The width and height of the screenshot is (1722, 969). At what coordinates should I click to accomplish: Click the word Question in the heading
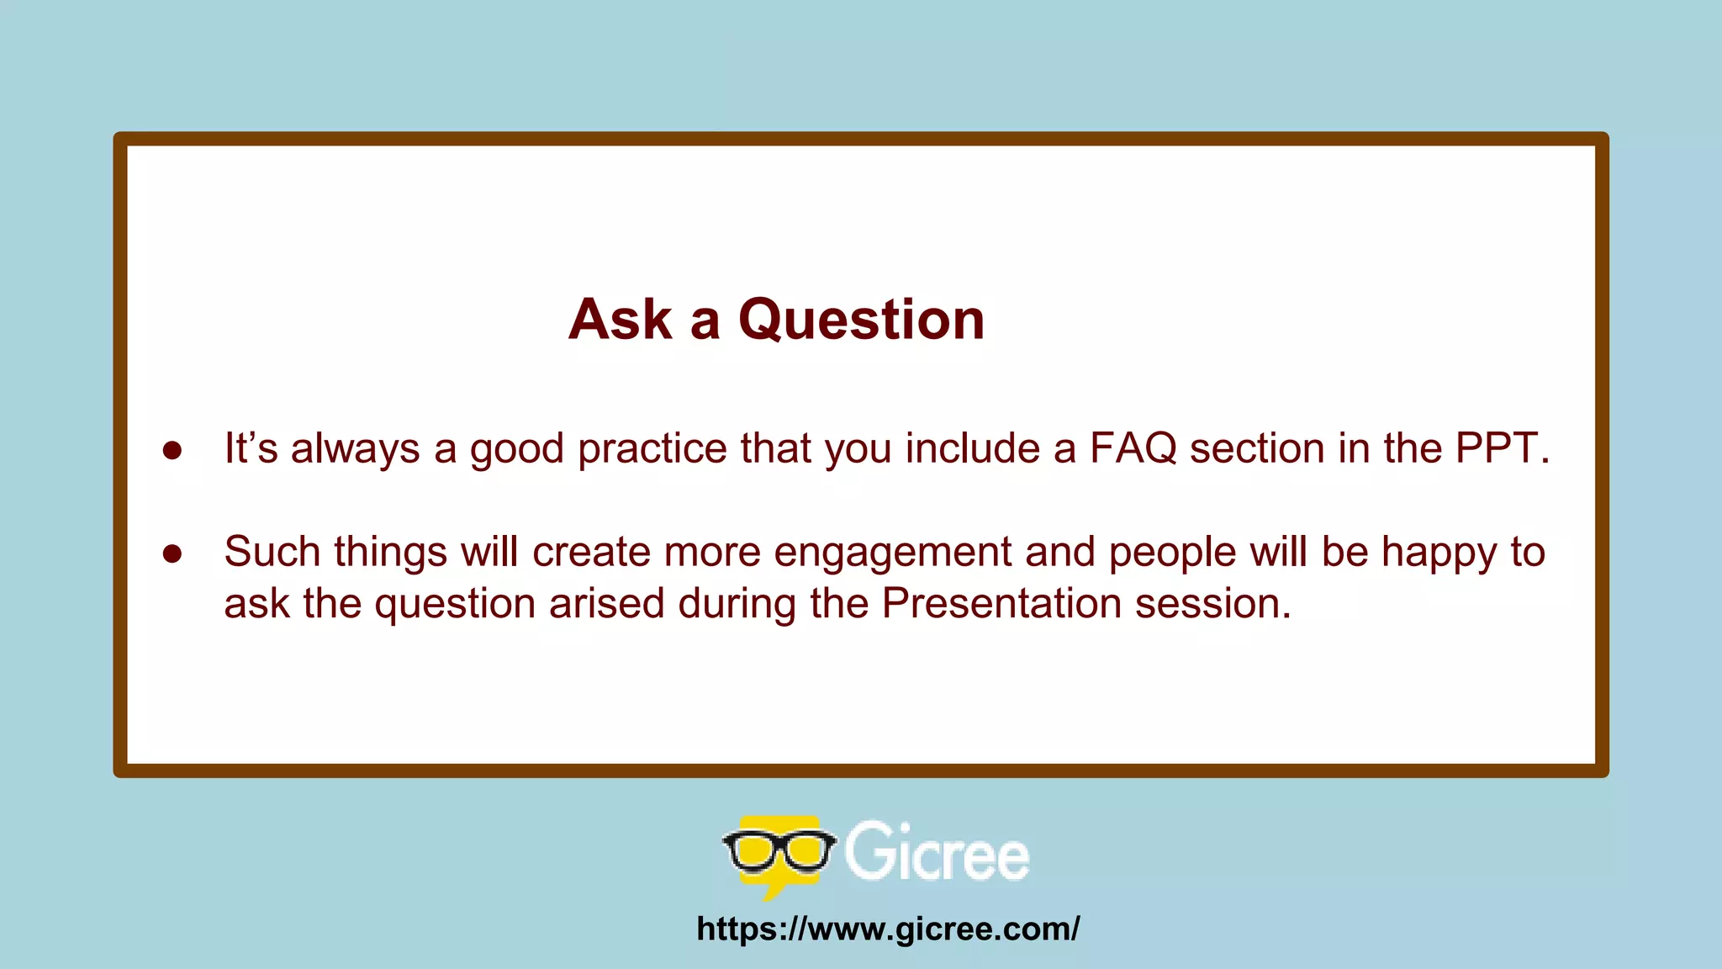pyautogui.click(x=861, y=320)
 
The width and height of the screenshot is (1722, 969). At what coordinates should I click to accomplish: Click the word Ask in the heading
pyautogui.click(x=621, y=320)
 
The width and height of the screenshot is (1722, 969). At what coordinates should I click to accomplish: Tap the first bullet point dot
pyautogui.click(x=172, y=451)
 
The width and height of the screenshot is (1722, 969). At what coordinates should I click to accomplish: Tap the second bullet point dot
pyautogui.click(x=172, y=553)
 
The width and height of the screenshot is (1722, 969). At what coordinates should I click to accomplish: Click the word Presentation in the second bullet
pyautogui.click(x=1001, y=604)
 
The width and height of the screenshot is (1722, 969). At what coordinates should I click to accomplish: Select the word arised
pyautogui.click(x=606, y=604)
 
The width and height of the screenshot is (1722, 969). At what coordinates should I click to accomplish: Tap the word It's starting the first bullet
pyautogui.click(x=251, y=448)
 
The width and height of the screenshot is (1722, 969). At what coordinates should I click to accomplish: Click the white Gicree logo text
pyautogui.click(x=936, y=853)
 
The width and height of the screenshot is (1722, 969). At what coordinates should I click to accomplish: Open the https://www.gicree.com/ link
pyautogui.click(x=888, y=929)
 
